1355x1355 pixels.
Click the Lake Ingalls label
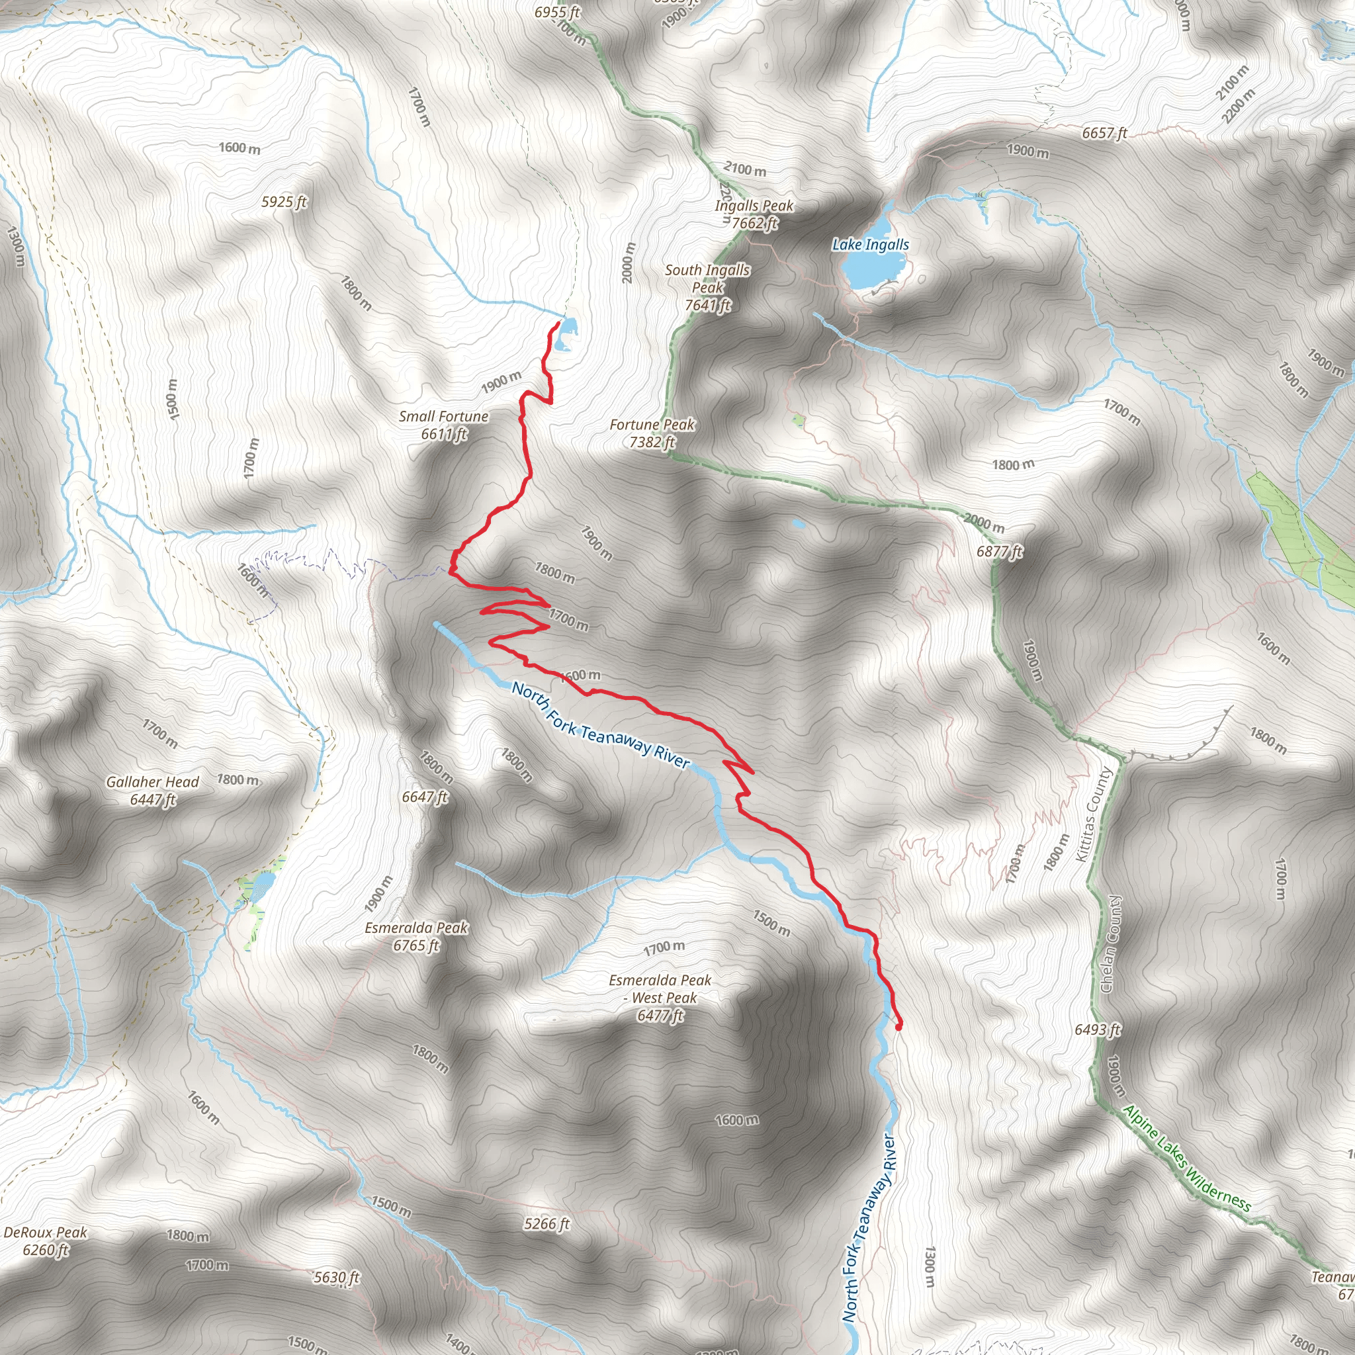click(x=871, y=245)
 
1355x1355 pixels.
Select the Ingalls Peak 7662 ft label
click(x=754, y=214)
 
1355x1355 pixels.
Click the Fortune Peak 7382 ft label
click(x=652, y=433)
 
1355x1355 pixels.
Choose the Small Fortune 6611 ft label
click(x=444, y=425)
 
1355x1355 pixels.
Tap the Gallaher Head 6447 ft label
click(x=153, y=791)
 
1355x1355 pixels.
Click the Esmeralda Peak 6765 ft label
click(x=416, y=936)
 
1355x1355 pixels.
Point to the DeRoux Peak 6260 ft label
click(x=46, y=1241)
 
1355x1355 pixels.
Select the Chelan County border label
click(x=1110, y=943)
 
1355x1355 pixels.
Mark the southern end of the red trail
click(x=898, y=1027)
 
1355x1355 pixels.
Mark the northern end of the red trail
click(x=558, y=323)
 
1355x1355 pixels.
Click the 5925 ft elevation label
click(x=284, y=202)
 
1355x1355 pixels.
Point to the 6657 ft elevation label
click(x=1105, y=132)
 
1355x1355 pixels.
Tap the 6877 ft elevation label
click(x=1000, y=552)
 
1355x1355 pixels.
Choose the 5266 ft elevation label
click(x=546, y=1225)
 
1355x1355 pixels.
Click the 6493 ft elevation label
click(x=1098, y=1029)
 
